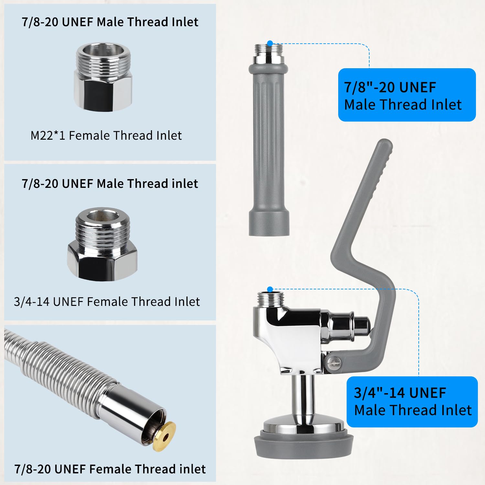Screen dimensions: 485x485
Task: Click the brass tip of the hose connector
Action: pos(165,436)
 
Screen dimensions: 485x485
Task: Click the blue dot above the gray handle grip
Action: pos(270,43)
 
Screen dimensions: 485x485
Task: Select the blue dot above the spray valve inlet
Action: pos(270,289)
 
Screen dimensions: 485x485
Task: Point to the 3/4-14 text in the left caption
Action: pos(32,302)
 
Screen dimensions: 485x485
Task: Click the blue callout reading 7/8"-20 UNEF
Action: pos(407,95)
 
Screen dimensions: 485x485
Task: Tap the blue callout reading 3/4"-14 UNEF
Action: pos(412,402)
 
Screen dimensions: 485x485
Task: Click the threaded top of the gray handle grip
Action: pos(269,53)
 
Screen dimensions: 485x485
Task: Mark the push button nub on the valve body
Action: pos(361,327)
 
